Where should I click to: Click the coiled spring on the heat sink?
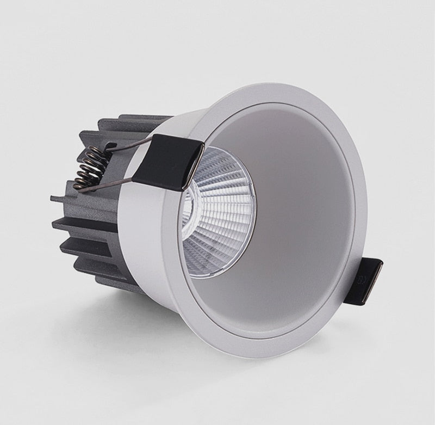point(89,165)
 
